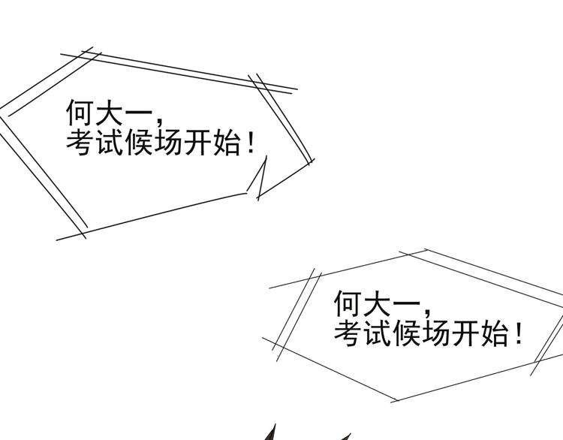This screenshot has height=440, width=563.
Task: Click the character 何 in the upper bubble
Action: (80, 112)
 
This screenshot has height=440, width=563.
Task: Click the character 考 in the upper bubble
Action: (80, 142)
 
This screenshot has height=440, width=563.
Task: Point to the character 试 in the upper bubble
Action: (110, 142)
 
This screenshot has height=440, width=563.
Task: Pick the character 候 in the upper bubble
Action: (140, 142)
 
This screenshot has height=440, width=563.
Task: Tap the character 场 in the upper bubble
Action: (169, 142)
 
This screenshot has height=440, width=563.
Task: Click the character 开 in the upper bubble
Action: (198, 142)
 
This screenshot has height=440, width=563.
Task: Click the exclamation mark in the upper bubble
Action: (251, 142)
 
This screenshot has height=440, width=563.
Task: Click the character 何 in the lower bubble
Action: (348, 303)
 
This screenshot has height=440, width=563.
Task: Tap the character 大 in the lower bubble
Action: (378, 303)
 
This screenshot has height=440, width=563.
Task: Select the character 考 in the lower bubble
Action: (348, 333)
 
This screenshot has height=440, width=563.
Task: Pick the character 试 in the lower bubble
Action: (378, 333)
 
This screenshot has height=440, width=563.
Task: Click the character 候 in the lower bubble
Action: (407, 333)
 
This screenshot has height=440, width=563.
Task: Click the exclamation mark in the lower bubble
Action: (519, 333)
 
